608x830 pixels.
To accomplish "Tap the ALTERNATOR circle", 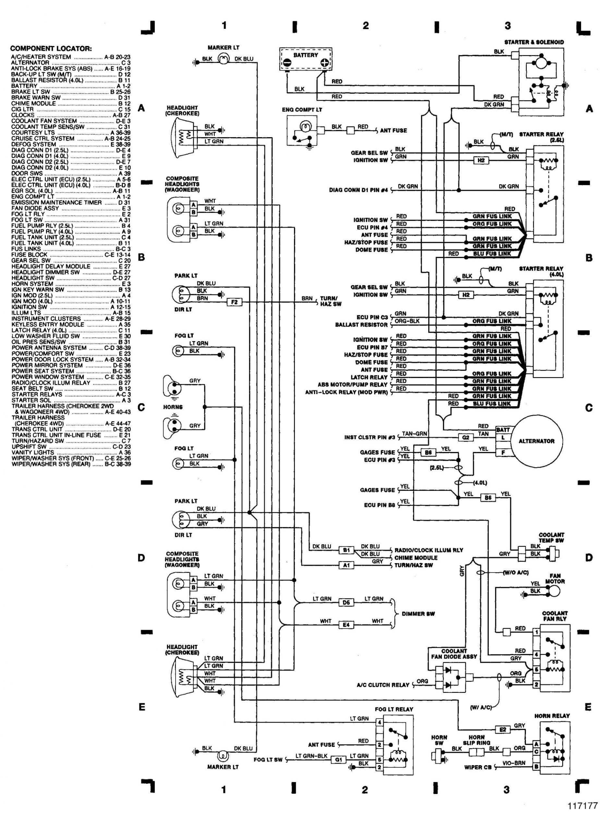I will (537, 441).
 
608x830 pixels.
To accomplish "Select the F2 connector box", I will (235, 302).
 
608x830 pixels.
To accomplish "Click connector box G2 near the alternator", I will (466, 438).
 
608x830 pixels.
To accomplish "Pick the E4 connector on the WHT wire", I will (346, 624).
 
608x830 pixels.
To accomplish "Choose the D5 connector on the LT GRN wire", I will (346, 602).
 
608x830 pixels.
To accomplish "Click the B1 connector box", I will (346, 550).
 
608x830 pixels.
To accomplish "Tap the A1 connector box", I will (346, 565).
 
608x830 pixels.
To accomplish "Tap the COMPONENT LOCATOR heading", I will (51, 49).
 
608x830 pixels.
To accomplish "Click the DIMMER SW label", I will (418, 614).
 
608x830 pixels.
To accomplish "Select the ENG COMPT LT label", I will (302, 110).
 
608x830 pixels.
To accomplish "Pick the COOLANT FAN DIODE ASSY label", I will (454, 654).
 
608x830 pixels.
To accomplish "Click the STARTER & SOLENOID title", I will (534, 42).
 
